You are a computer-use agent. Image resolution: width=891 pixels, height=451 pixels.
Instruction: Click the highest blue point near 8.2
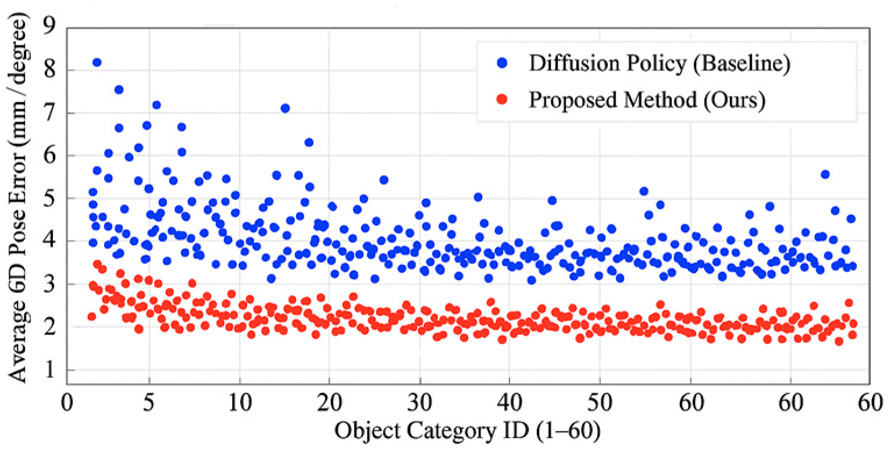click(97, 62)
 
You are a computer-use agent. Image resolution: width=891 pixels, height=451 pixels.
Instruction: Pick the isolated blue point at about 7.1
click(285, 108)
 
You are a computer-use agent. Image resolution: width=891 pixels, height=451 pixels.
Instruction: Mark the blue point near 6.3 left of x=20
click(309, 142)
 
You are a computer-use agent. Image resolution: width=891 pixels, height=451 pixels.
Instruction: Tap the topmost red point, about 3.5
click(97, 264)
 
